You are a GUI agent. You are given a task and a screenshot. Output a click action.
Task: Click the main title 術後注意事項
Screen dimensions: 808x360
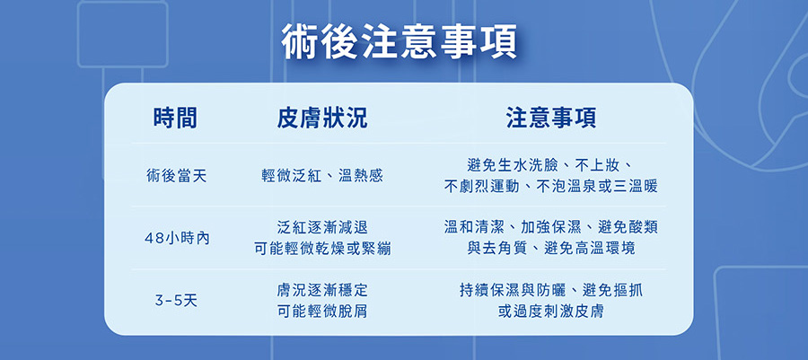tap(400, 40)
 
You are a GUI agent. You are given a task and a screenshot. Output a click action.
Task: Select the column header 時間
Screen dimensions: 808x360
tap(175, 118)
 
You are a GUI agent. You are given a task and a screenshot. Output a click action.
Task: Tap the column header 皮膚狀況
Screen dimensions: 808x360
tap(322, 118)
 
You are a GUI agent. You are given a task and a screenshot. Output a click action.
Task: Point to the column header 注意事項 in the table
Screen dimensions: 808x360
tap(551, 118)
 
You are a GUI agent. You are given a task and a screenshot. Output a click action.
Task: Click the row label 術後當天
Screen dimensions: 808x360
tap(176, 176)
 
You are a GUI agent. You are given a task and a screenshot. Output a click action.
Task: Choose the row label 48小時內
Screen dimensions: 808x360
tap(176, 239)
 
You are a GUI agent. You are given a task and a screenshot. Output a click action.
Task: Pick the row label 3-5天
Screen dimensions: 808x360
tap(176, 300)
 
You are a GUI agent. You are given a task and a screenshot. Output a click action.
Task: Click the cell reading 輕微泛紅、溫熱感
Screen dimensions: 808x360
tap(322, 176)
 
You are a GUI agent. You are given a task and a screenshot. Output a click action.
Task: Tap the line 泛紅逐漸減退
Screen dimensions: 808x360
tap(322, 227)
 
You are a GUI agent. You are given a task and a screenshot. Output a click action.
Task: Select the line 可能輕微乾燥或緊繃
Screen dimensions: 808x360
tap(322, 250)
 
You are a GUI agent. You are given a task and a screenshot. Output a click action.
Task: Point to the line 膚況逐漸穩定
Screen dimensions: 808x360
tap(322, 290)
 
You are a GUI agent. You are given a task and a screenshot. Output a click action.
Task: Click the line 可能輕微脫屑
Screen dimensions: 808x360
tap(322, 312)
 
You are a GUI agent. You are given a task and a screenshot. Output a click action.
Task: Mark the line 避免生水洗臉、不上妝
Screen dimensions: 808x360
tap(551, 165)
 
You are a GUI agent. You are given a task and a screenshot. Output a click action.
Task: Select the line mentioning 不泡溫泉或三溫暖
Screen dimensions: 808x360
tap(551, 187)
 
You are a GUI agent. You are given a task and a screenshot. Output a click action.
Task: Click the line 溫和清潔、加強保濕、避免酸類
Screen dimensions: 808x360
tap(551, 226)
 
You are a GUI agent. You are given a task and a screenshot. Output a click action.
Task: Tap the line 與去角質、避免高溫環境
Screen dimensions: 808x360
tap(551, 249)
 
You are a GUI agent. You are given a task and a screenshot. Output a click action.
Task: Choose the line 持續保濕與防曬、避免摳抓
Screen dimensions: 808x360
tap(551, 291)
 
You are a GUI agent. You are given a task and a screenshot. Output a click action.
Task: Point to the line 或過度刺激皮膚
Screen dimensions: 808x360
tap(551, 312)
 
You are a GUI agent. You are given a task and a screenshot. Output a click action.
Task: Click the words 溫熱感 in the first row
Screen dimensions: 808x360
tap(361, 176)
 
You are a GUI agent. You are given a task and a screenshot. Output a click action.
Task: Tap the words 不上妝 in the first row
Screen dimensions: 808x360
tap(597, 165)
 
